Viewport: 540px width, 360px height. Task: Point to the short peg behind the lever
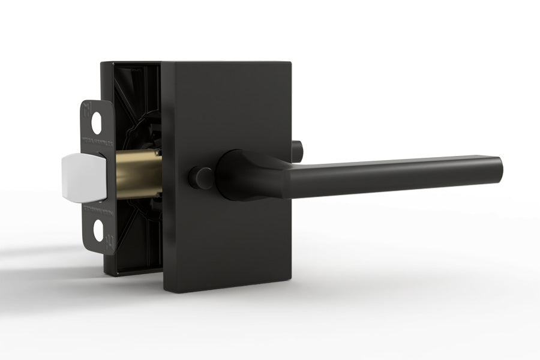tap(296, 148)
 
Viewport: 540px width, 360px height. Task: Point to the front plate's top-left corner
tap(164, 62)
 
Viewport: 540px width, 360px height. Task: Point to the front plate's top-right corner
tap(291, 62)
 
